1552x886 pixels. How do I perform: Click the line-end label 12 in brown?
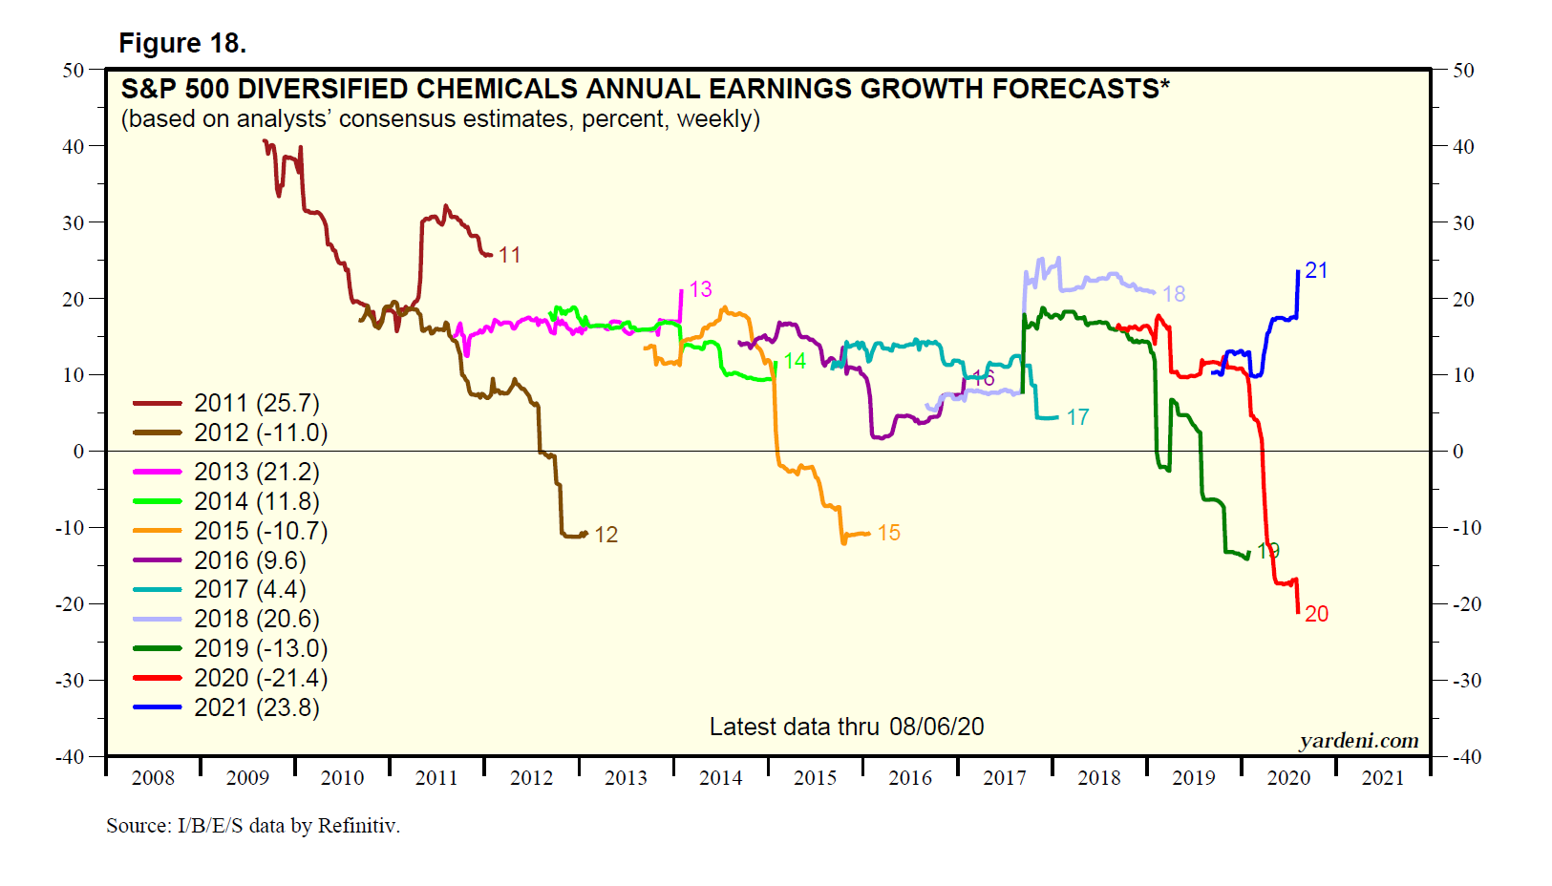point(606,535)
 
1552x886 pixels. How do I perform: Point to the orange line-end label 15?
point(888,533)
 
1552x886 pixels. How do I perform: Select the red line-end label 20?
point(1316,614)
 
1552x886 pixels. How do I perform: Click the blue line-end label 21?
point(1316,270)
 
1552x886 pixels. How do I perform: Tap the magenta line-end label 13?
point(700,289)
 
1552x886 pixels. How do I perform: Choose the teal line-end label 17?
point(1077,417)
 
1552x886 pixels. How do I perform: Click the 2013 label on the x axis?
point(626,778)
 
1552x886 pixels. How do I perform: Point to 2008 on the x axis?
point(153,778)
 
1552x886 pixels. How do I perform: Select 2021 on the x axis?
point(1382,778)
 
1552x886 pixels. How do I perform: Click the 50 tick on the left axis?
point(74,71)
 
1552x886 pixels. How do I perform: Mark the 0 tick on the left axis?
point(79,452)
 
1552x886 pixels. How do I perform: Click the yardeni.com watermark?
point(1358,741)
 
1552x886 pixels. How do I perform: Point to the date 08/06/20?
point(936,727)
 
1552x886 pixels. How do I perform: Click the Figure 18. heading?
point(182,43)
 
